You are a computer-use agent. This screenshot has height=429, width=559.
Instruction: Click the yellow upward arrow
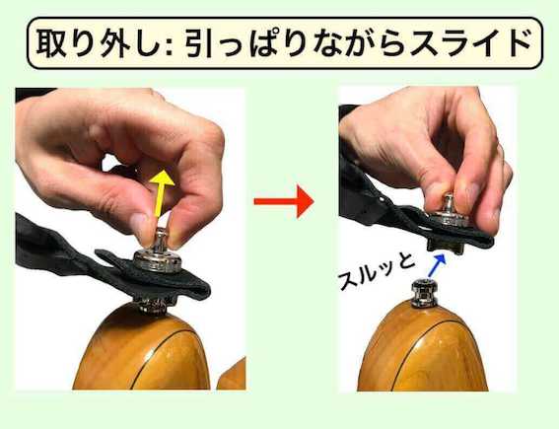(161, 193)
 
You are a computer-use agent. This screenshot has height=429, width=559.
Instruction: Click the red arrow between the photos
(284, 201)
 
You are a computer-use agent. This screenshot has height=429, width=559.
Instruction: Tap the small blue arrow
(437, 264)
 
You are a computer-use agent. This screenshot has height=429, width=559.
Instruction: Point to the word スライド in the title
(470, 43)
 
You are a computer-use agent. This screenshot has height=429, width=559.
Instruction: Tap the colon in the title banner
(169, 45)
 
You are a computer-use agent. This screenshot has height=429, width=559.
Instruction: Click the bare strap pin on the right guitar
(424, 293)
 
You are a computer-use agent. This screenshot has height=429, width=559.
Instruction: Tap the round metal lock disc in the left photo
(158, 260)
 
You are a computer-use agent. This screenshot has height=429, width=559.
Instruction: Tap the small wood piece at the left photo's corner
(232, 375)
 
